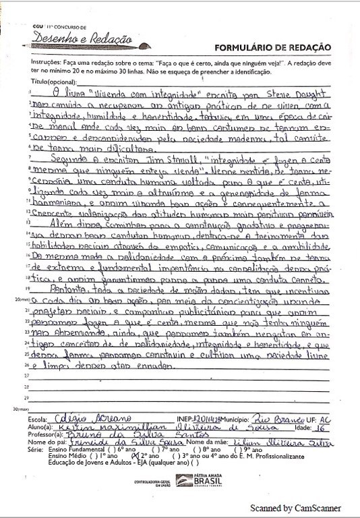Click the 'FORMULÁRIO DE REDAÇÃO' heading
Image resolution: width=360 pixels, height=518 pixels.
point(272,47)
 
